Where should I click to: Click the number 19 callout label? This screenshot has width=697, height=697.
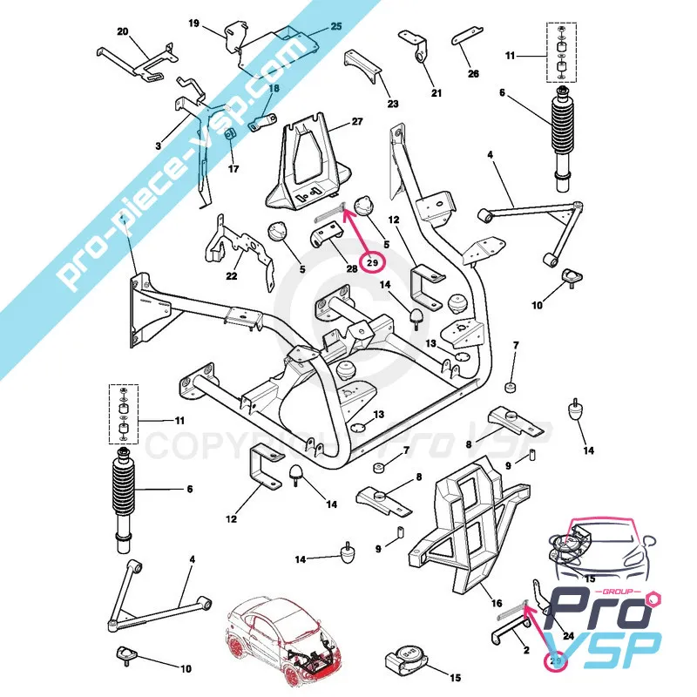click(x=193, y=23)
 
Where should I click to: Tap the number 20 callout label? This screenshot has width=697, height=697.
click(x=123, y=32)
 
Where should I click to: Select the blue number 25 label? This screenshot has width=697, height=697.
click(x=336, y=26)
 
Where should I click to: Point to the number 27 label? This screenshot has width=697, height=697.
click(x=356, y=122)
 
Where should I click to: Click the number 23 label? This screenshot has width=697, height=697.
click(x=393, y=104)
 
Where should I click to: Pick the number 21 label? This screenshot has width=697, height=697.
click(x=436, y=94)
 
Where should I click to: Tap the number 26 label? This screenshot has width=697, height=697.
click(x=473, y=74)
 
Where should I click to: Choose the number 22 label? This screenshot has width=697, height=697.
click(x=232, y=277)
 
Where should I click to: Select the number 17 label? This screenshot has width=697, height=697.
click(x=233, y=169)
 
